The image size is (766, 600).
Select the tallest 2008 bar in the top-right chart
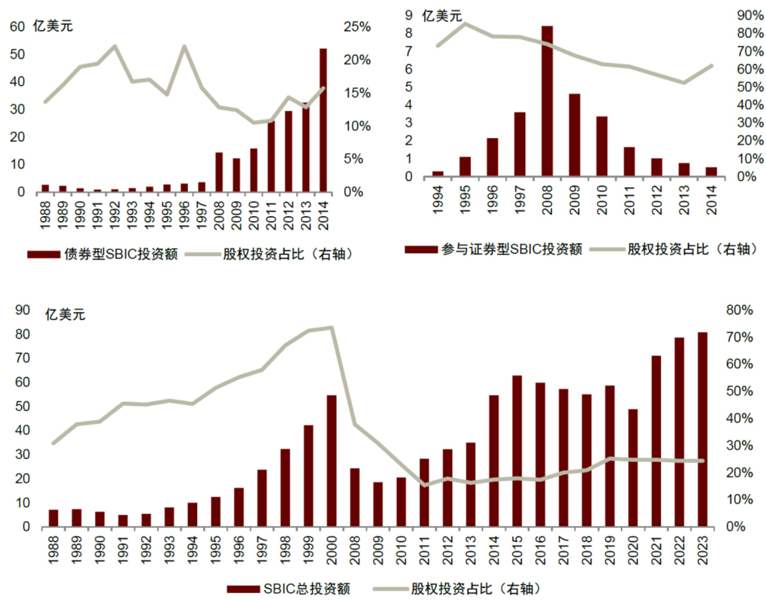pos(547,101)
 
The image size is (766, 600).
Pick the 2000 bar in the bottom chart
pos(331,461)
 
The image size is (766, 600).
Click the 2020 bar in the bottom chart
pos(633,468)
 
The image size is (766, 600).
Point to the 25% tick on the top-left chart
pos(357,27)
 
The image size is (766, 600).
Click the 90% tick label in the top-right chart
pos(750,16)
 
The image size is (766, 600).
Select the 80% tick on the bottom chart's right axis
pos(739,310)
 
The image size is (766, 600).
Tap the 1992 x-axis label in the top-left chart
pos(115,214)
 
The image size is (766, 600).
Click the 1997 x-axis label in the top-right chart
pos(520,200)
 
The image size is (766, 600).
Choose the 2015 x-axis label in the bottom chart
pos(517,550)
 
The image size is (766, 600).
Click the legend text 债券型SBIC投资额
pos(121,254)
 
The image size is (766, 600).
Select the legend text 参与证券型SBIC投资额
pos(511,249)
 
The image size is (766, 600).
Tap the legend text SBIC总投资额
pos(306,588)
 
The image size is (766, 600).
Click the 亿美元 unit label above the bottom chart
pos(65,315)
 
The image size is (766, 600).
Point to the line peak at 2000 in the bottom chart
pos(331,328)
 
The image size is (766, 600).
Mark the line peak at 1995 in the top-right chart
pos(465,24)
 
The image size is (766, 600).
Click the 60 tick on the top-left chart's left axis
pos(17,27)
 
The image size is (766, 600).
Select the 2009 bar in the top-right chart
pos(574,134)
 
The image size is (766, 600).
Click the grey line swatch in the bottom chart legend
pos(390,588)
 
